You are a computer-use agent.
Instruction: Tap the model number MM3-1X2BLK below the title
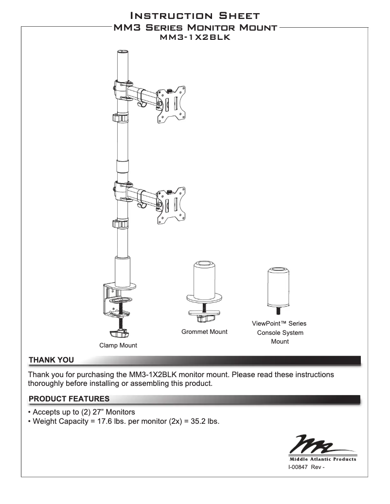(195, 36)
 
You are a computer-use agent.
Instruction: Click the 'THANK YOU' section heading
(51, 360)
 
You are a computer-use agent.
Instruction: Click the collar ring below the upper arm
(120, 118)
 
